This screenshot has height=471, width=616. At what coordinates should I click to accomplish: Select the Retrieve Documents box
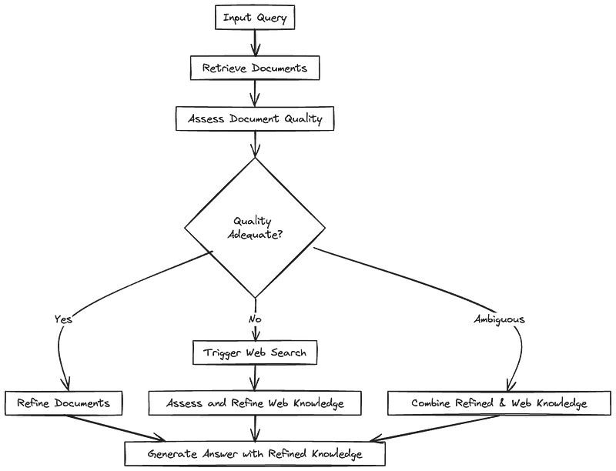pos(255,68)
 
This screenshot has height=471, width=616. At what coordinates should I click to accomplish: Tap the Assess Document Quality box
pos(255,119)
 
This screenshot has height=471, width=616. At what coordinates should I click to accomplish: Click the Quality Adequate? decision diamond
pos(255,228)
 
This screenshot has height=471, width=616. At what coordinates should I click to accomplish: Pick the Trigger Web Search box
pos(255,353)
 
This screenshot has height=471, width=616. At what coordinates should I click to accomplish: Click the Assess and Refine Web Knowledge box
pos(255,403)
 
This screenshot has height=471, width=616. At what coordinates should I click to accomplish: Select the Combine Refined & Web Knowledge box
pos(489,403)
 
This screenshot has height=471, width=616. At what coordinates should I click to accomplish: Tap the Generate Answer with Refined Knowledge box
pos(255,455)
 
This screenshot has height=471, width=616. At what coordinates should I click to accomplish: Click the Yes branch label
pos(63,319)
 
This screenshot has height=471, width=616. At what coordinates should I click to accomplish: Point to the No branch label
pos(255,319)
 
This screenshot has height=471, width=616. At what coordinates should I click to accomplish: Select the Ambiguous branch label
pos(500,319)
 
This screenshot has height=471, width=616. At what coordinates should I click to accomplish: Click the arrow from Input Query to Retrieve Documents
pos(255,44)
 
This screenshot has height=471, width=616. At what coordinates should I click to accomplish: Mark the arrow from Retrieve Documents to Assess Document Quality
pos(255,94)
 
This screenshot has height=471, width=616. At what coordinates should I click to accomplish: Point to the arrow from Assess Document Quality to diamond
pos(255,144)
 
